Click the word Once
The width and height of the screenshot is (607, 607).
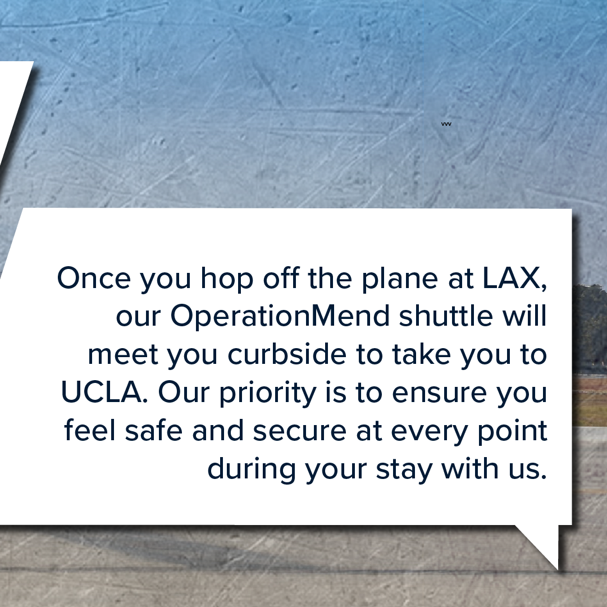click(94, 277)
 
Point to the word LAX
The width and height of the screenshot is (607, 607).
click(514, 278)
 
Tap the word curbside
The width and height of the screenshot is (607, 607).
click(287, 354)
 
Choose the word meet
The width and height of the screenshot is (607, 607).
click(123, 355)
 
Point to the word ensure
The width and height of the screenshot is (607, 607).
click(439, 394)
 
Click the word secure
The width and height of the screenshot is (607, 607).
click(299, 432)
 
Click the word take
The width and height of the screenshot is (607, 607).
click(421, 354)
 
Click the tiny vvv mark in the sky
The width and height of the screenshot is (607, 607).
click(446, 124)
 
